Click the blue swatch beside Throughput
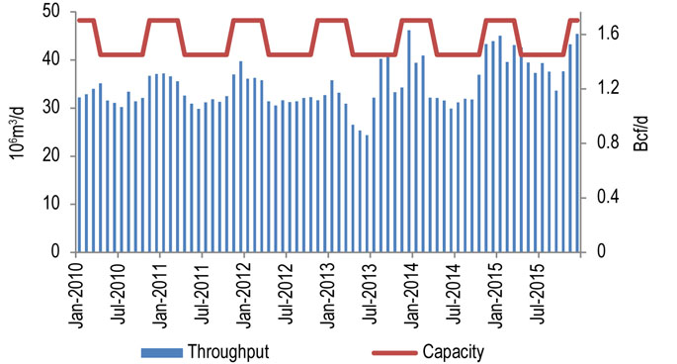tap(165, 350)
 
